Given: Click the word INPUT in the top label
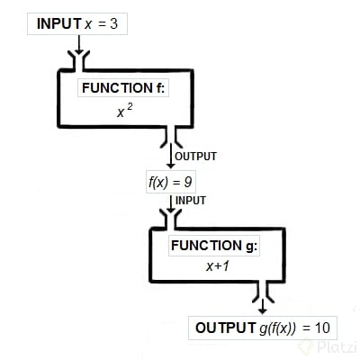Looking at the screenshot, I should tap(58, 22).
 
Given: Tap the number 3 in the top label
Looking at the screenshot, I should tap(113, 22).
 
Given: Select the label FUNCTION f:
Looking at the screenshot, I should tap(123, 88).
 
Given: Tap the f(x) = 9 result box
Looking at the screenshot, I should tap(170, 181).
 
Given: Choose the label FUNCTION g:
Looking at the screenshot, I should tap(213, 246).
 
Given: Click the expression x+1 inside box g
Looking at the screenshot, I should tap(213, 267).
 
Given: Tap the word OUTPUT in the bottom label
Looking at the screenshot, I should tap(225, 328).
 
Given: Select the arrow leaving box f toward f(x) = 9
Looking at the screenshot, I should tap(169, 156).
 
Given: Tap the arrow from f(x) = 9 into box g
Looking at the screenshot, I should tap(170, 199).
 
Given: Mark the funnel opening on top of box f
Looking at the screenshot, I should tap(79, 60).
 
